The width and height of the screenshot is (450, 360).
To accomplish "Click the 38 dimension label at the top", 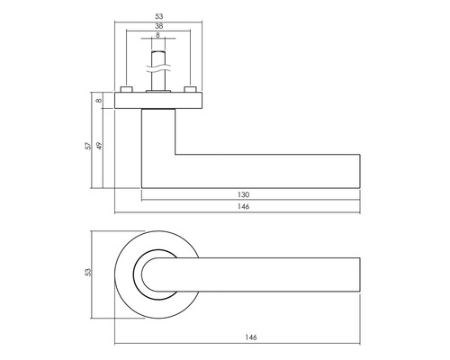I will (x=158, y=27).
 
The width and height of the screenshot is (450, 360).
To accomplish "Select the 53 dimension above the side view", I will (x=158, y=15).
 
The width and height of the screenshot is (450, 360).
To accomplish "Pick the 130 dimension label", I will (x=244, y=194).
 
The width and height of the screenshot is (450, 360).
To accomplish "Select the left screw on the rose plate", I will (x=127, y=89).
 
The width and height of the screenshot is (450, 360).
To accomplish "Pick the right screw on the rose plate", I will (x=190, y=89).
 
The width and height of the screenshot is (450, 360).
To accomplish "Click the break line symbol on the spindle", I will (x=158, y=61).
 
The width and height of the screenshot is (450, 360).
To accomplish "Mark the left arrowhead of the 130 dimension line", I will (x=144, y=199).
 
